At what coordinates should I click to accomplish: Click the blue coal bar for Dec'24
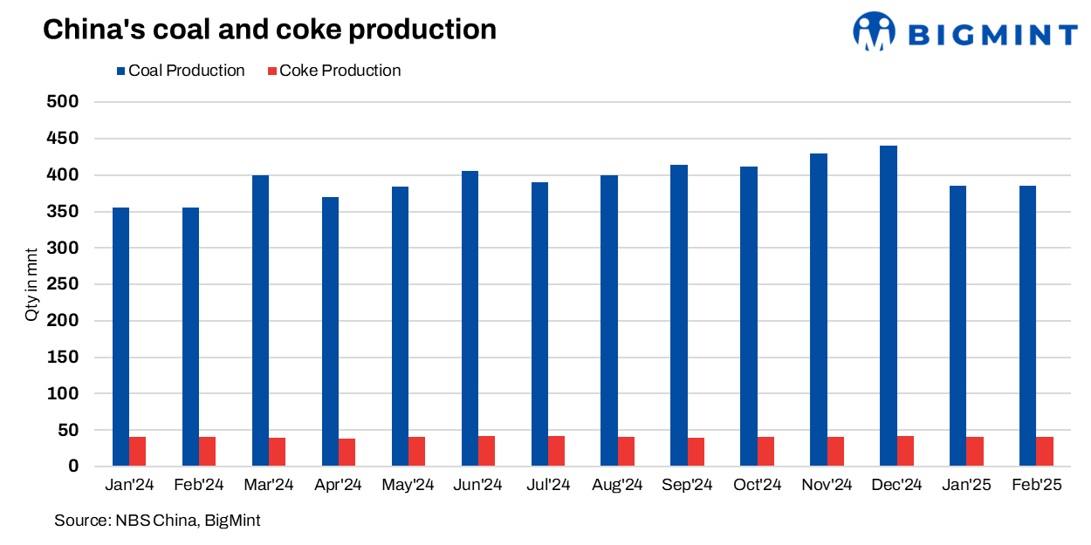(889, 306)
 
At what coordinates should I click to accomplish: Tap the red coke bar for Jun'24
(487, 451)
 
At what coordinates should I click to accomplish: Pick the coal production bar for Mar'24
(260, 321)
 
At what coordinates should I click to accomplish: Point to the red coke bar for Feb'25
(1045, 452)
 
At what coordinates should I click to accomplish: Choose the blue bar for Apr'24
(330, 331)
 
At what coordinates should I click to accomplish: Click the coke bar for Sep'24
(696, 452)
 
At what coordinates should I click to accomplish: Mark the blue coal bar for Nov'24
(819, 310)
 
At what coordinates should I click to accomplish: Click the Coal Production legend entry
(181, 71)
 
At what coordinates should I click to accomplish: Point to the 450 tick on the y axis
(62, 139)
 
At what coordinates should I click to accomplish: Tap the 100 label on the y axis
(62, 394)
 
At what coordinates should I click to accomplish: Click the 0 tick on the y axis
(74, 467)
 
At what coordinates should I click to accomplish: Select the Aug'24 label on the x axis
(617, 485)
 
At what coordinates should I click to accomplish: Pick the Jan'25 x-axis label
(966, 485)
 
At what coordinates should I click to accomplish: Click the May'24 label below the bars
(408, 485)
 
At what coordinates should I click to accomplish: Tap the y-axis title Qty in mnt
(31, 284)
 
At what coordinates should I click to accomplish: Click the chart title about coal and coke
(270, 30)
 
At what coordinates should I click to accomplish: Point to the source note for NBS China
(157, 521)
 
